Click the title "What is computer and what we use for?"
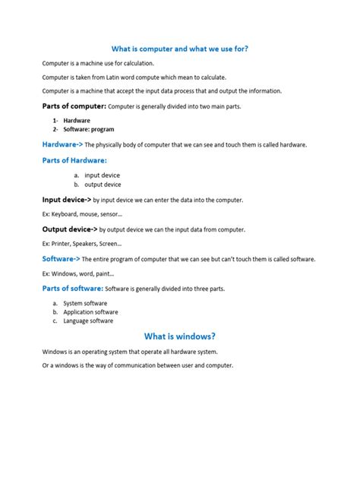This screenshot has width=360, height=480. click(180, 48)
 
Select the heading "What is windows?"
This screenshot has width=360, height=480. click(180, 336)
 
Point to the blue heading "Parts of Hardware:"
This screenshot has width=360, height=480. click(74, 160)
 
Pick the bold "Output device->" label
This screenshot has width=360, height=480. click(69, 229)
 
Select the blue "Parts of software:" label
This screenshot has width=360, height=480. click(72, 289)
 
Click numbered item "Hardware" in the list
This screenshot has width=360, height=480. click(77, 120)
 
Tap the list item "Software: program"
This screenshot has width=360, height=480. click(88, 129)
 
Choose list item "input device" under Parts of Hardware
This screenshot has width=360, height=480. click(102, 175)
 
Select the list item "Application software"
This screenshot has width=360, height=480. click(90, 312)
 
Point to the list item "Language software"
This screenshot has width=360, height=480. click(88, 321)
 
